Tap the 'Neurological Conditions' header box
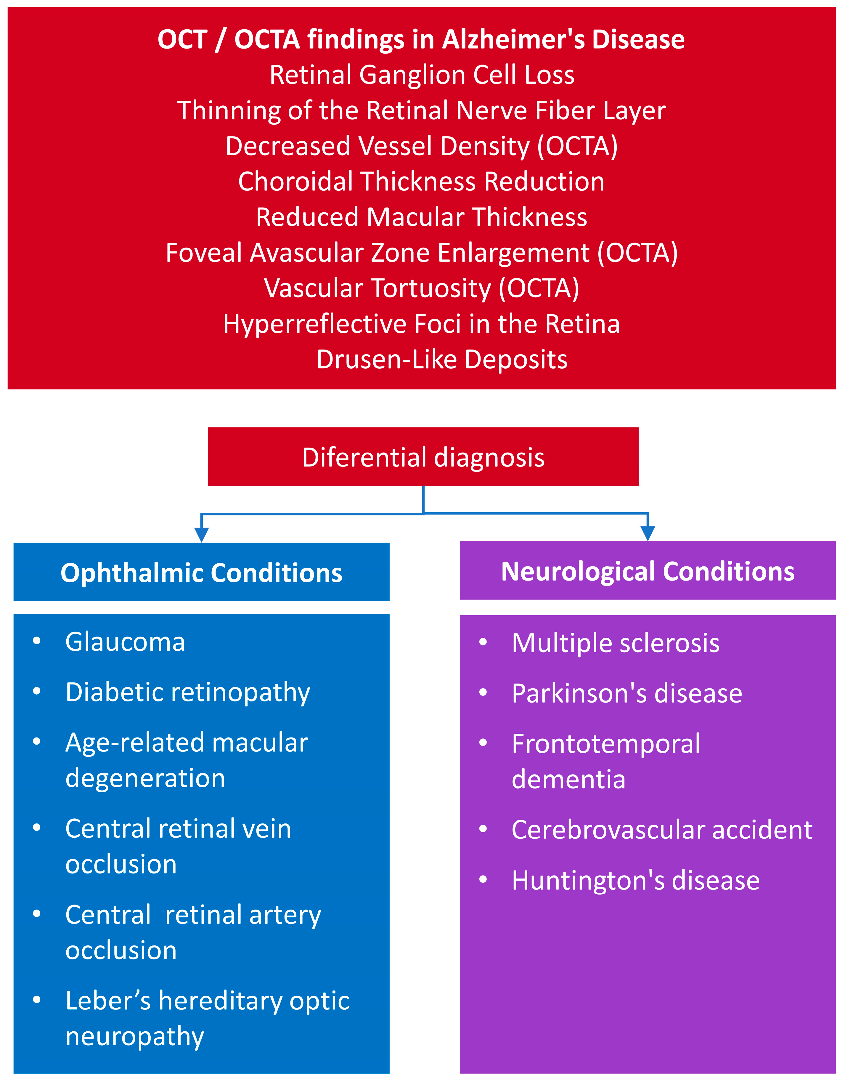point(648,571)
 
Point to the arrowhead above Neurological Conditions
point(648,533)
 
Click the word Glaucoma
point(125,642)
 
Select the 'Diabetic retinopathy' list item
point(188,692)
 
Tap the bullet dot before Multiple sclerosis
point(483,642)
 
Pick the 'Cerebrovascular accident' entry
point(662,830)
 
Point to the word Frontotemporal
point(606,744)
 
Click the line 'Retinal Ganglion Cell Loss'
point(422,75)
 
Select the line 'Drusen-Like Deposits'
point(442,359)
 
